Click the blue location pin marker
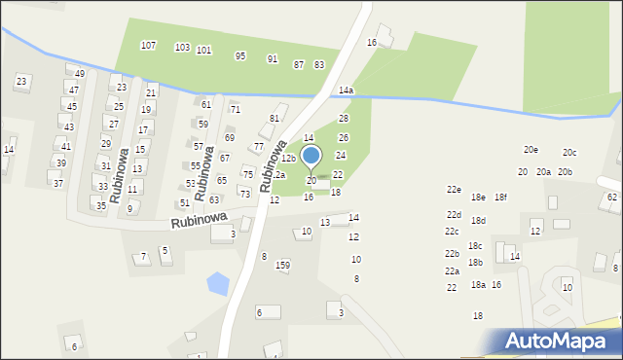point(311,156)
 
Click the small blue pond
point(219,284)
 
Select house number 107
point(148,46)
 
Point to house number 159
point(282,265)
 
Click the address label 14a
point(346,90)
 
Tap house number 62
point(611,198)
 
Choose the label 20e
point(531,150)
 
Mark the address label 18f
point(500,198)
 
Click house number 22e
point(454,190)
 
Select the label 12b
point(288,159)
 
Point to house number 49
point(79,74)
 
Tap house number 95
point(240,55)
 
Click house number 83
point(319,64)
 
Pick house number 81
point(275,118)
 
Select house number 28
point(343,118)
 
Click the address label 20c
point(569,153)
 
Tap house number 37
point(58,184)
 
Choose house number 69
point(230,138)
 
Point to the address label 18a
point(478,285)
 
